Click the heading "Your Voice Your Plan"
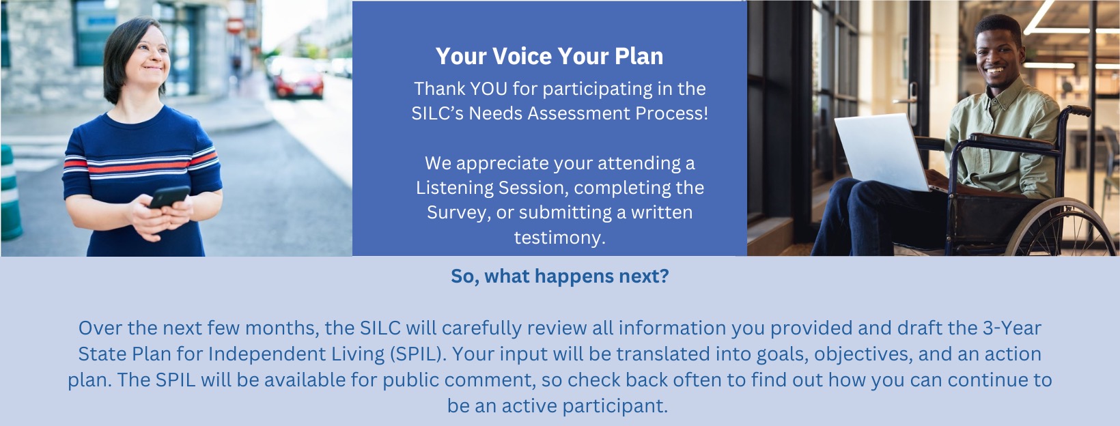point(550,56)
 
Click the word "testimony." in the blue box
point(559,238)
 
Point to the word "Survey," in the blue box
point(458,213)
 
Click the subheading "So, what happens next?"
point(559,276)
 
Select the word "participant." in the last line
point(615,406)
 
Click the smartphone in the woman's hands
point(169,197)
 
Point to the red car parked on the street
point(299,79)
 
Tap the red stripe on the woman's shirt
point(141,165)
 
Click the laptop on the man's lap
point(884,152)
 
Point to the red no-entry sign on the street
point(234,25)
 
